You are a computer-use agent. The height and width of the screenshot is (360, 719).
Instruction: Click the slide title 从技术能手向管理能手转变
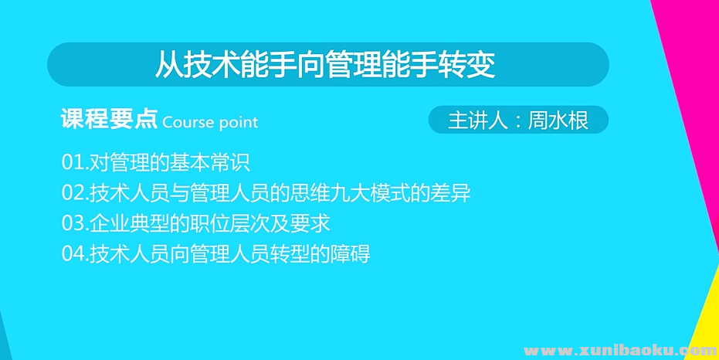[325, 65]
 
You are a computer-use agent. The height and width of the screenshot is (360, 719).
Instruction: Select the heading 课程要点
[109, 120]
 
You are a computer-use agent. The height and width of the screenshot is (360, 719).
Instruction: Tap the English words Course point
[210, 122]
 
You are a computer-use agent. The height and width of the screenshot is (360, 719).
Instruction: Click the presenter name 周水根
[558, 121]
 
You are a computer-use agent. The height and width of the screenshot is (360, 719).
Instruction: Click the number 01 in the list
[72, 163]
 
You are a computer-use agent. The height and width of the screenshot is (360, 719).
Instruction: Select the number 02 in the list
[72, 193]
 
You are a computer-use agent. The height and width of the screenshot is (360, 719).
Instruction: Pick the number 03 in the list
[72, 223]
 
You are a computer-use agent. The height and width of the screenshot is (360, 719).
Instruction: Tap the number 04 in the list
[72, 253]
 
